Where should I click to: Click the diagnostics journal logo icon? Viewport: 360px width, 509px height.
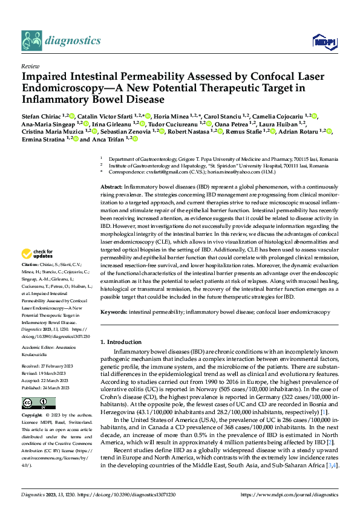pyautogui.click(x=31, y=41)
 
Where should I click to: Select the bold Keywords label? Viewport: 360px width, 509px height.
pyautogui.click(x=114, y=312)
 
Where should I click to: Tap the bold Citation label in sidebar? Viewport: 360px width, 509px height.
pyautogui.click(x=30, y=282)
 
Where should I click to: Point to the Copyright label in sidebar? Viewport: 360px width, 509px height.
pyautogui.click(x=31, y=416)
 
